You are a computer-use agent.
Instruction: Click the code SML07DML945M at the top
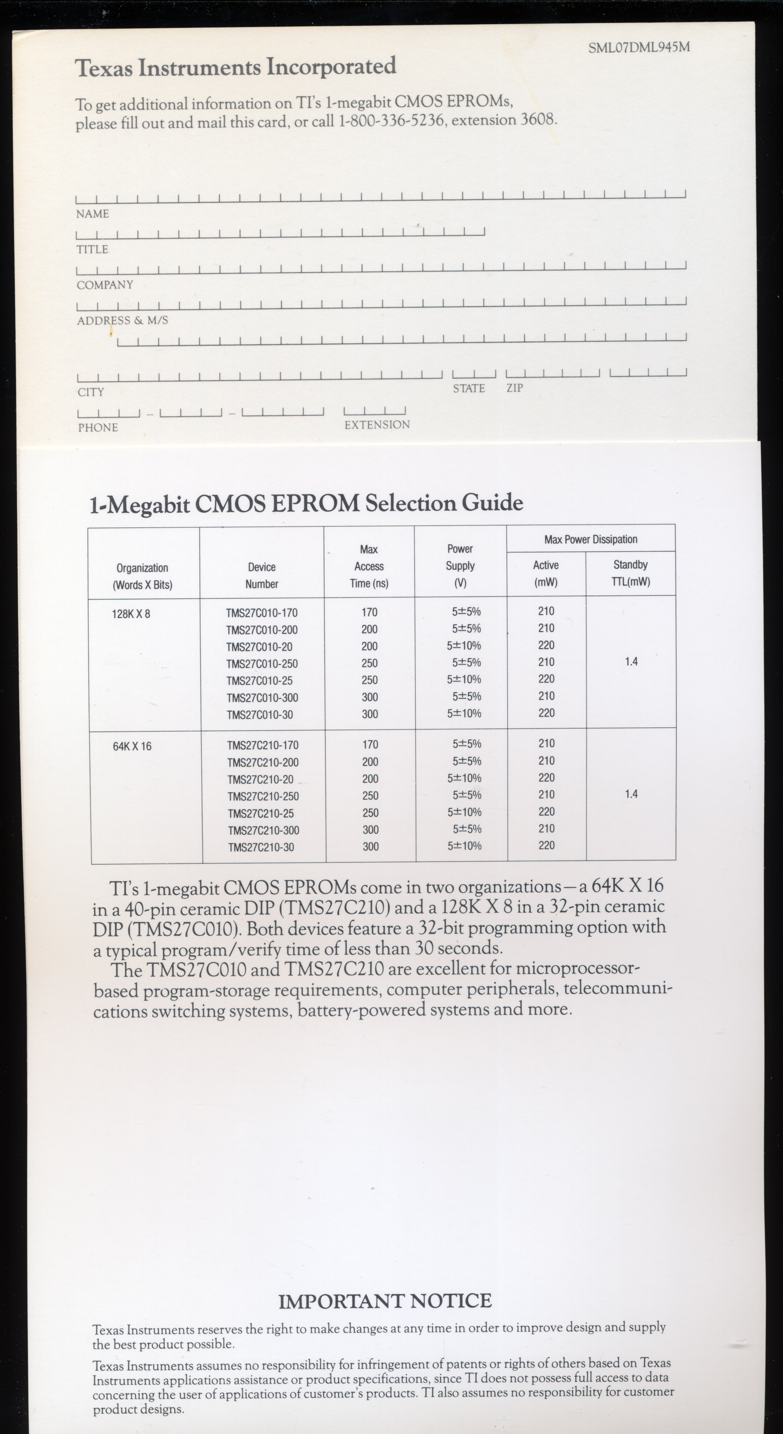[639, 48]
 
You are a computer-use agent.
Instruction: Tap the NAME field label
[93, 214]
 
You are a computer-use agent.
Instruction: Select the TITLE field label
[93, 249]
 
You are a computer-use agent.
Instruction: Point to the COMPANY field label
[105, 285]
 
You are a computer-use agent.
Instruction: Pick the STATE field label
[468, 388]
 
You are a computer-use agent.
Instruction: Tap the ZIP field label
[515, 388]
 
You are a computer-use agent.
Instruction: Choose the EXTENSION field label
[377, 425]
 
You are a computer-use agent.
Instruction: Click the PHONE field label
[98, 428]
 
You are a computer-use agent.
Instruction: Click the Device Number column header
[262, 575]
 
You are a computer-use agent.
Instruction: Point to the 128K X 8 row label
[131, 614]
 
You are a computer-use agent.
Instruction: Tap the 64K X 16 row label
[132, 746]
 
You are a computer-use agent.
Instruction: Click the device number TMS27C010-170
[262, 613]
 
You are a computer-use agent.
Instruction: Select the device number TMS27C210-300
[263, 830]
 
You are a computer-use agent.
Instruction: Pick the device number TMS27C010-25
[260, 681]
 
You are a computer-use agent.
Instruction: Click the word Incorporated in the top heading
[331, 67]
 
